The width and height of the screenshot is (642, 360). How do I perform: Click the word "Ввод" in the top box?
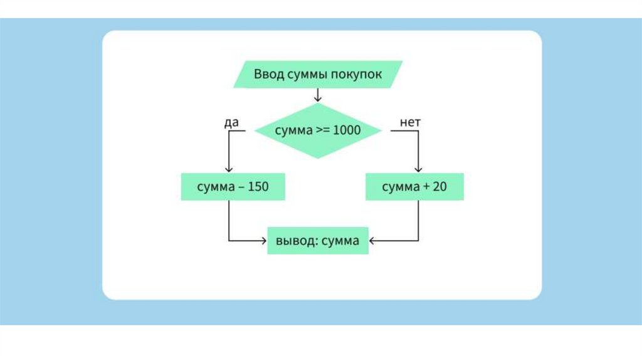268,74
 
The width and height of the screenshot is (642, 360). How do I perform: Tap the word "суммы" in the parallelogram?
307,74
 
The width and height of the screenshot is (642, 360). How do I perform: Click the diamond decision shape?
318,130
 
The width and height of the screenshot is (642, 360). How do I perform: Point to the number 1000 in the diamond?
347,130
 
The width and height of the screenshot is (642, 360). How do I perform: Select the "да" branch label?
231,122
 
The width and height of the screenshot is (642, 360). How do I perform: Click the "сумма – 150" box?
233,187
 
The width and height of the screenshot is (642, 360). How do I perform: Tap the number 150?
258,187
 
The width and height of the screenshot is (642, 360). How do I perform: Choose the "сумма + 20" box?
414,187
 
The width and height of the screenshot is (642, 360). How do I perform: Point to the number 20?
439,187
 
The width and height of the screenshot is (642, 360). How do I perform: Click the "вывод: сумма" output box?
318,241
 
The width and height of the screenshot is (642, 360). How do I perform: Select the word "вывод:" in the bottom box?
296,241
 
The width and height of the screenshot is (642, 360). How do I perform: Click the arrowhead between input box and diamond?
318,98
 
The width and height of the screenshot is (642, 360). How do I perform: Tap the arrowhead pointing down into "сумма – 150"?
229,169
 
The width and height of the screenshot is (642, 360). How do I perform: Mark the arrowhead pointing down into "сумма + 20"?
418,169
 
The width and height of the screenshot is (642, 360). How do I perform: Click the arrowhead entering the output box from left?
263,240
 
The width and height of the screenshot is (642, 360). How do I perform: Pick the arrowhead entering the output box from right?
372,240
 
